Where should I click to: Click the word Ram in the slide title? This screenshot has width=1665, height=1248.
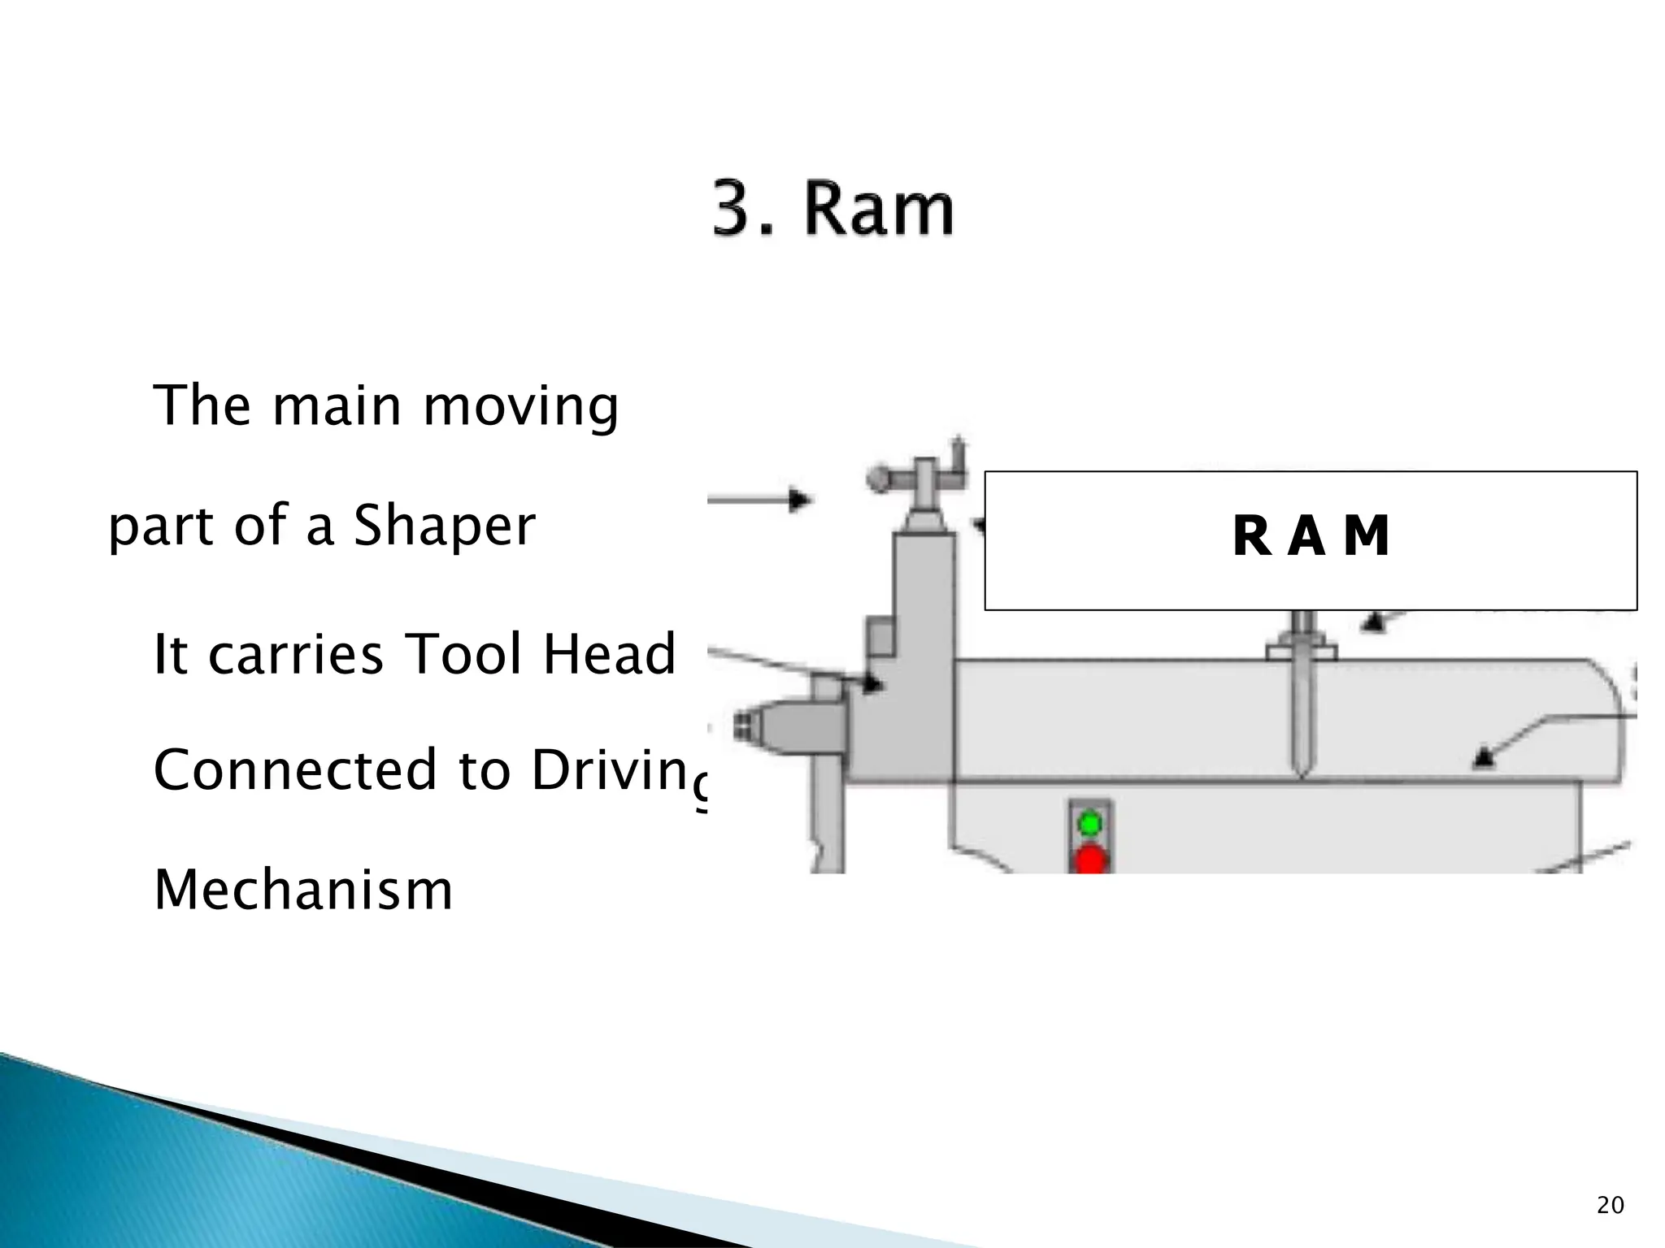point(879,210)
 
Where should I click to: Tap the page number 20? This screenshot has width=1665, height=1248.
point(1610,1205)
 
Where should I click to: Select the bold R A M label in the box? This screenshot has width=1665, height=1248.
point(1311,537)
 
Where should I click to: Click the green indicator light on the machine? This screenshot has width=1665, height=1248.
point(1089,824)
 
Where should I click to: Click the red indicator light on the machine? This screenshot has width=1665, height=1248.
point(1090,859)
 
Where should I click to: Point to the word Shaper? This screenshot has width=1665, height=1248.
point(444,526)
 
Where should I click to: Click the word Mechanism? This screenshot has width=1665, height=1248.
point(303,890)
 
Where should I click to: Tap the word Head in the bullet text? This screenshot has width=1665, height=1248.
point(609,654)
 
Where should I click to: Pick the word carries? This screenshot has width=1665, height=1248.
point(295,654)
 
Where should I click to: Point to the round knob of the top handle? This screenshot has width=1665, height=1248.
point(878,477)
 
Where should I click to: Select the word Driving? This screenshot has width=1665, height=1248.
point(618,770)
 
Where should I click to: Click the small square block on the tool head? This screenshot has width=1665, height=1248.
point(880,637)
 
